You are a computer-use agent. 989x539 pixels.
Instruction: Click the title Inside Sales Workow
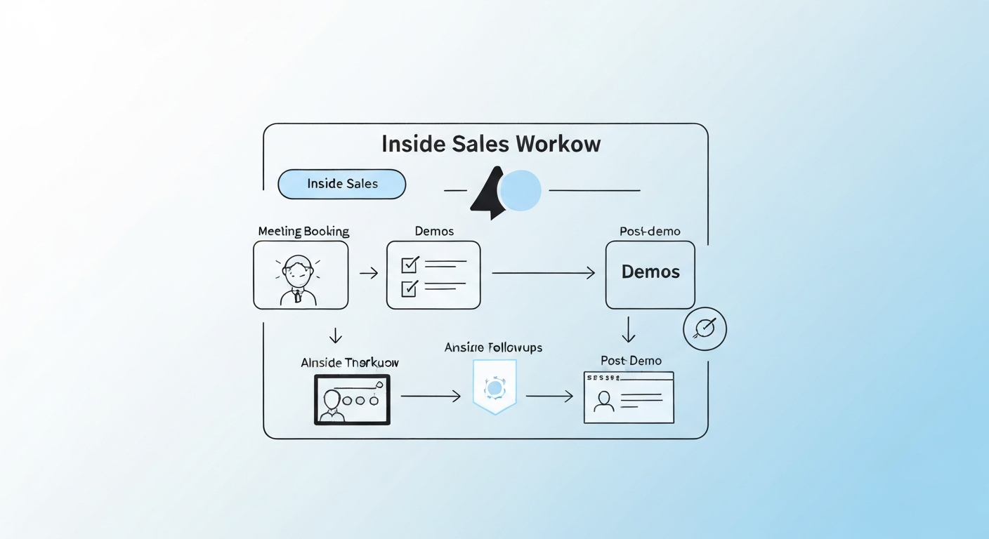tap(491, 144)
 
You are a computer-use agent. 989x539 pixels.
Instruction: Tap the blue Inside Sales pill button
tap(342, 184)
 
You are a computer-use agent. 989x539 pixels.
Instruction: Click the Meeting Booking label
tap(303, 231)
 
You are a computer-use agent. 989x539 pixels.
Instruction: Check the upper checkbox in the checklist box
tap(409, 265)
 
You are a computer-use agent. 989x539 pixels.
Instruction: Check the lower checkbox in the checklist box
tap(409, 287)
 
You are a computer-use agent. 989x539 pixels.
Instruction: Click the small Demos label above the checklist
tap(434, 231)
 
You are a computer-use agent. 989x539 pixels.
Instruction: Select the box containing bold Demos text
tap(650, 274)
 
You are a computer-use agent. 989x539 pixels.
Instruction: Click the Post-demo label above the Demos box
tap(650, 231)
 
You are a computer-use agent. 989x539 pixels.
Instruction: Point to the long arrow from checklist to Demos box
tap(543, 273)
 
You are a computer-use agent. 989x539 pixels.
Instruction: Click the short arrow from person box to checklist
tap(368, 273)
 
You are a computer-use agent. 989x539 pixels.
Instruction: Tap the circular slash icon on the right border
tap(705, 328)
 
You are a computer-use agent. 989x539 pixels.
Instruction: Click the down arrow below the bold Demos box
tap(629, 329)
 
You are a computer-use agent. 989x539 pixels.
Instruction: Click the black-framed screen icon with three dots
tap(352, 399)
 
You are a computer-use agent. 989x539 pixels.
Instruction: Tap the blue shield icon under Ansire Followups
tap(494, 387)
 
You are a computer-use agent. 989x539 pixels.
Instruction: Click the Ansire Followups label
tap(493, 347)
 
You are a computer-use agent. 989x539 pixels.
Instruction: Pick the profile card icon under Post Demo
tap(629, 398)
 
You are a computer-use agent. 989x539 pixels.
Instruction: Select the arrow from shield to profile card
tap(549, 397)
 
